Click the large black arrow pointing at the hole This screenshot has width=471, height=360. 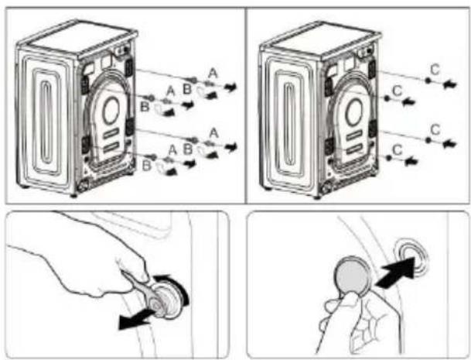(x=396, y=273)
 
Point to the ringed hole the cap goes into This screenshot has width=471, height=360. (x=410, y=255)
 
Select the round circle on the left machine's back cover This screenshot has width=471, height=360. (x=111, y=110)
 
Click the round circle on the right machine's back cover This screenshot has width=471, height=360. (x=354, y=112)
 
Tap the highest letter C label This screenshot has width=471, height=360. (x=435, y=70)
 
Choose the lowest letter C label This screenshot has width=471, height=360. (x=397, y=149)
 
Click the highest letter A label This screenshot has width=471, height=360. (x=213, y=73)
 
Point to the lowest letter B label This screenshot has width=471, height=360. (x=146, y=166)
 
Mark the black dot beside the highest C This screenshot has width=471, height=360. (x=428, y=81)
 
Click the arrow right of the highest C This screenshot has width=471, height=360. (x=450, y=84)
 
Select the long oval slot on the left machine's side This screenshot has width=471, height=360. (x=46, y=122)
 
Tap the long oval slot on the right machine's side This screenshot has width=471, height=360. (x=290, y=124)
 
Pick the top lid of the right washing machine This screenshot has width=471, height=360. (x=321, y=39)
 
